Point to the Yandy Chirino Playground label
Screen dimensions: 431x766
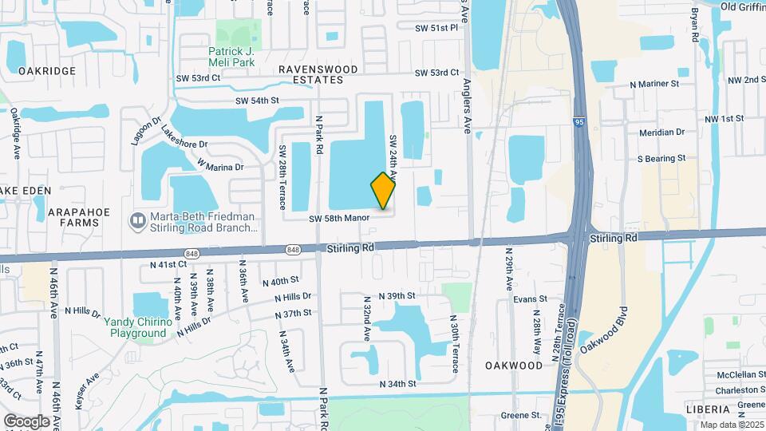(x=138, y=327)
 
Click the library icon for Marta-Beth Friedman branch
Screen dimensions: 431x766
(x=137, y=218)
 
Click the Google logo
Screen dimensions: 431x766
(x=26, y=421)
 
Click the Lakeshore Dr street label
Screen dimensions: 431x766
(x=184, y=138)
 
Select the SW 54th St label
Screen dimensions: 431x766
(x=257, y=101)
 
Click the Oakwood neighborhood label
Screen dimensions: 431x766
(x=514, y=365)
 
